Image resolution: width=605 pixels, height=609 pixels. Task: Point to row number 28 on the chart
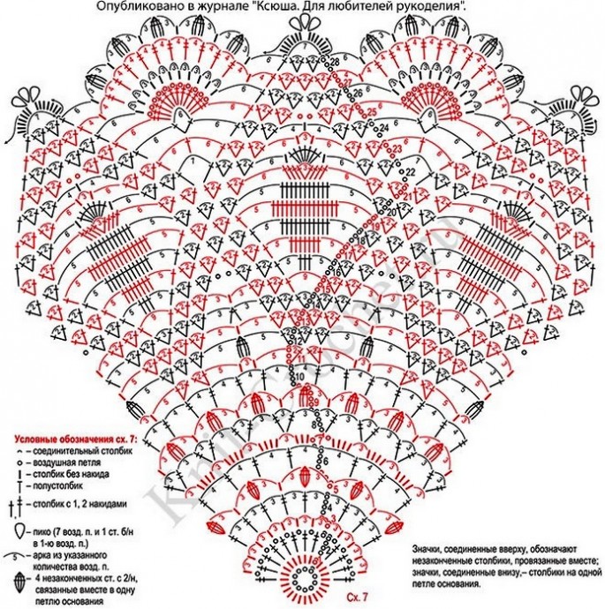click(335, 60)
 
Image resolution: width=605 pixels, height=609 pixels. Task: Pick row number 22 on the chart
click(409, 171)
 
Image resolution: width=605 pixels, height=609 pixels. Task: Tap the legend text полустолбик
click(60, 486)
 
